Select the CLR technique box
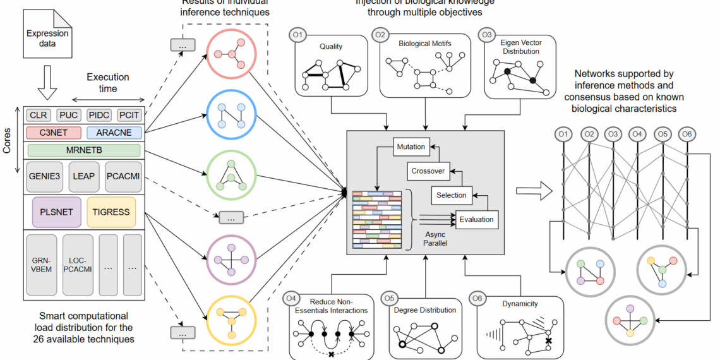click(x=39, y=116)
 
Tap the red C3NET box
click(x=54, y=133)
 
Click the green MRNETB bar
click(x=84, y=150)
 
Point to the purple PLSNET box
click(x=56, y=212)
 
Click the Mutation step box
click(x=411, y=147)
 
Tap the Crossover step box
click(x=428, y=171)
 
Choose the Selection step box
click(x=451, y=195)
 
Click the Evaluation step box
click(x=476, y=220)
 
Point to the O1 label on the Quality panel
click(x=297, y=33)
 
